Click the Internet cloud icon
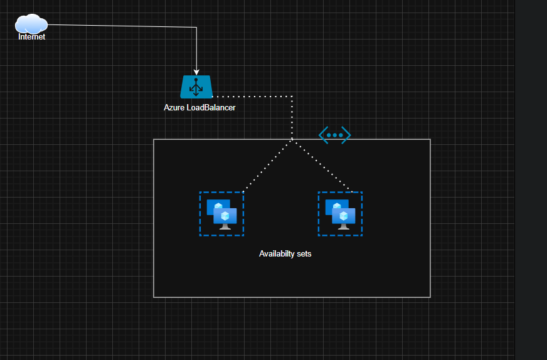click(x=31, y=24)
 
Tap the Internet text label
click(x=31, y=37)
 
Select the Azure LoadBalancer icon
click(x=196, y=87)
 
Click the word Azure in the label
click(x=174, y=108)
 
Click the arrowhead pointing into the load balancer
click(x=197, y=71)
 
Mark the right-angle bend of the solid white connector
click(x=197, y=28)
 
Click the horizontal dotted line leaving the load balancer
click(x=251, y=97)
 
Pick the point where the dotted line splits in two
click(x=293, y=139)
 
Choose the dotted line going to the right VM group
click(x=322, y=164)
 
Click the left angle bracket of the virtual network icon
click(x=322, y=135)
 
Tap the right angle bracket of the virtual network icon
click(x=346, y=135)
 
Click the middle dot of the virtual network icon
click(x=334, y=135)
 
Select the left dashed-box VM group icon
click(x=221, y=214)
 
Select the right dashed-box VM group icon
click(x=340, y=214)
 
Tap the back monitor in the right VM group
click(x=336, y=208)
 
